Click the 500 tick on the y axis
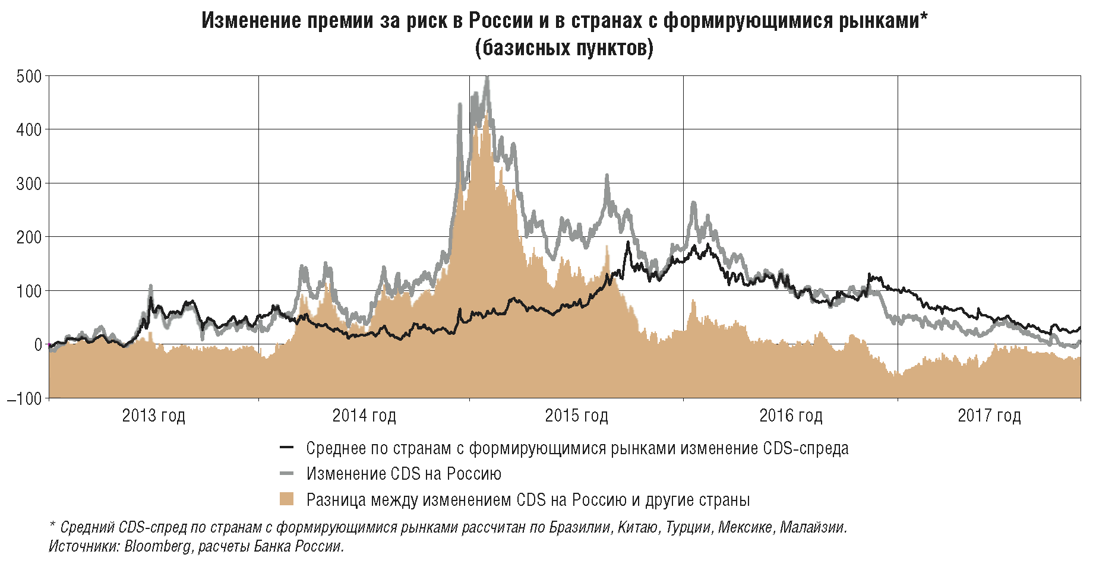coord(29,77)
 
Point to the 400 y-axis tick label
coord(29,130)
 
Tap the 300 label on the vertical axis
coord(29,183)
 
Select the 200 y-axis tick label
coord(29,237)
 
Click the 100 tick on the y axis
coord(29,291)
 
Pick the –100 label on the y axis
coord(24,398)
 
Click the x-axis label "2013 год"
coord(153,416)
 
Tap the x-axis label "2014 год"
coord(364,416)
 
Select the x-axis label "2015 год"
coord(576,416)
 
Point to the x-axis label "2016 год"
coord(791,416)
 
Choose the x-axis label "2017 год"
coord(989,416)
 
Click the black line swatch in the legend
coord(287,448)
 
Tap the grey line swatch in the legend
coord(287,474)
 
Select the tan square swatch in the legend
coord(287,499)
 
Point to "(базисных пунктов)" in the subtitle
coord(564,47)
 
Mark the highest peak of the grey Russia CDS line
coord(487,77)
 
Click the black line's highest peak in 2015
coord(628,242)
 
